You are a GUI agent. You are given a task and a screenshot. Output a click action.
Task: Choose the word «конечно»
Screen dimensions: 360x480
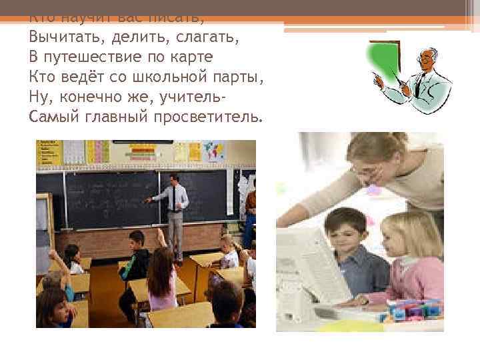click(91, 97)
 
